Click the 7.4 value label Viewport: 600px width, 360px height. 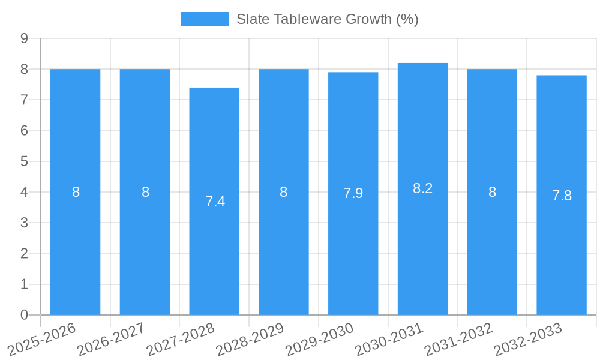[215, 202]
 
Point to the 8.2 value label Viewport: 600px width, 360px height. [422, 188]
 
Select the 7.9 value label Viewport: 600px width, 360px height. [353, 193]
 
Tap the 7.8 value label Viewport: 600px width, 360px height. [562, 196]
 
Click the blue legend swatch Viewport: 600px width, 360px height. [205, 19]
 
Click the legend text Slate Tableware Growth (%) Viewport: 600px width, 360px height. [327, 19]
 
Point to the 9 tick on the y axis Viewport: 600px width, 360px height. [24, 38]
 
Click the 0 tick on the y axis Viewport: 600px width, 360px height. [24, 315]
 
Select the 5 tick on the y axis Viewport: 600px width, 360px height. [24, 161]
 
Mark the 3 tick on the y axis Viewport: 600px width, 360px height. [24, 223]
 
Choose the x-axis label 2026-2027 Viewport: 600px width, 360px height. [112, 339]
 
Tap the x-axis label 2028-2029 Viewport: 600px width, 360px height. [250, 339]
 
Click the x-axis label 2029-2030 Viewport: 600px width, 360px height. [320, 339]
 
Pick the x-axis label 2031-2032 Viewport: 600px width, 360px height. [459, 339]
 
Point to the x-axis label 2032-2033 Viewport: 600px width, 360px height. [528, 339]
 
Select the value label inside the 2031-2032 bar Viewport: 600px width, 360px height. [492, 192]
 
